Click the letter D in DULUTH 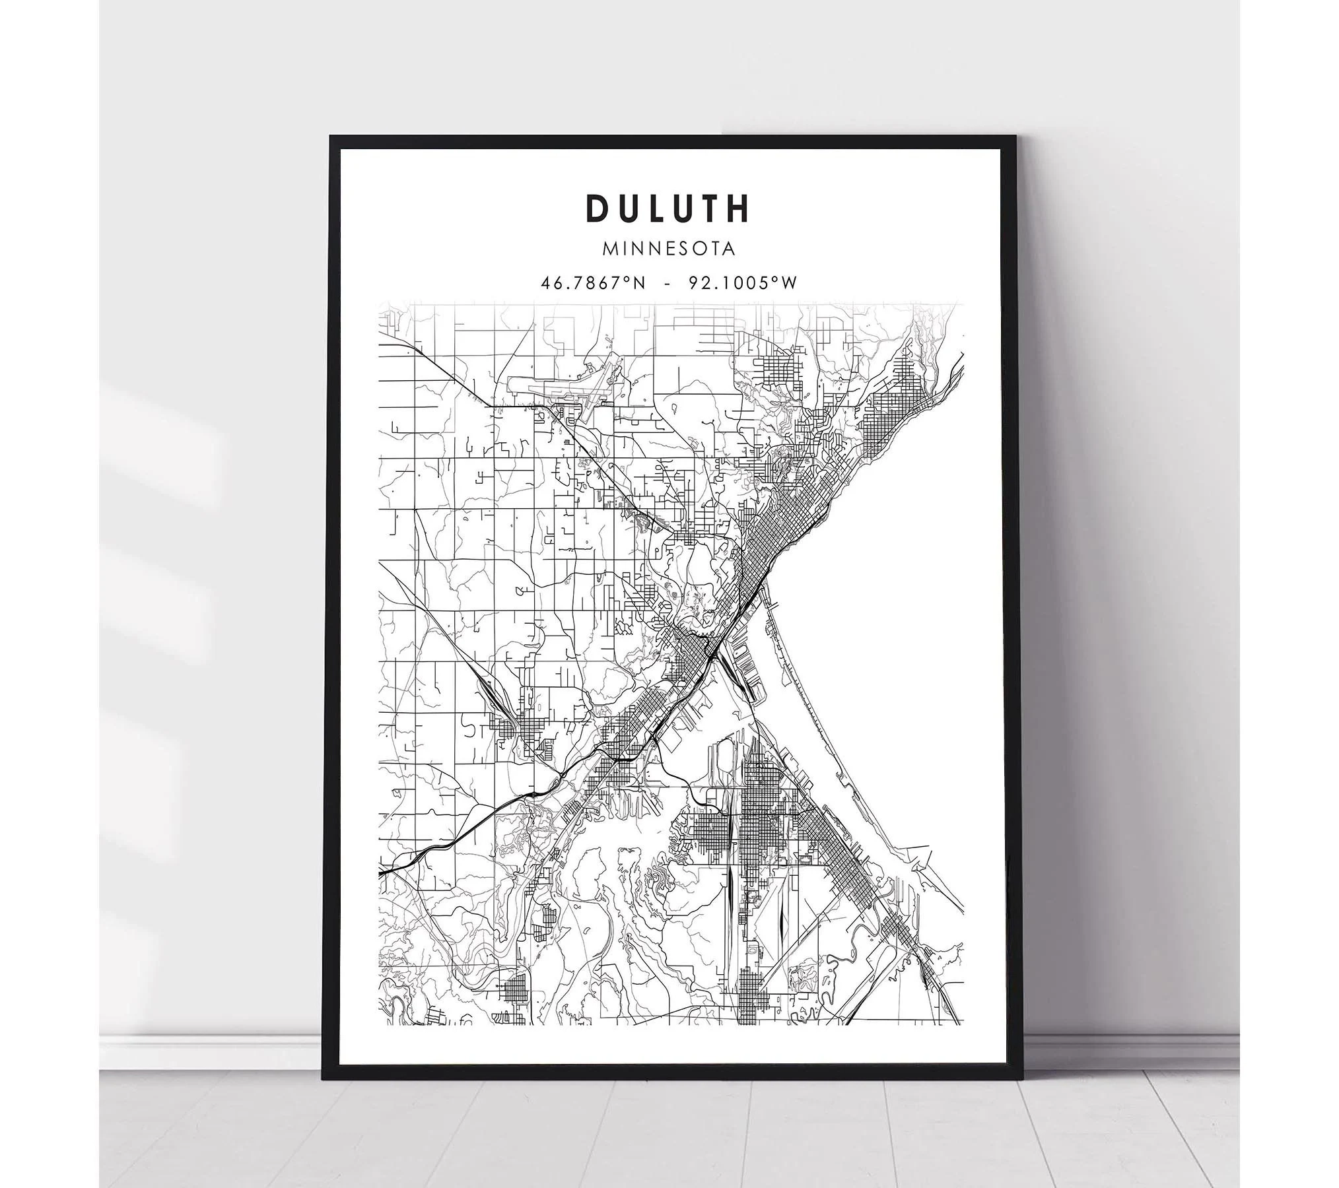(x=597, y=208)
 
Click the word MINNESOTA (x=668, y=249)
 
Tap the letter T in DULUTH (x=710, y=208)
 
